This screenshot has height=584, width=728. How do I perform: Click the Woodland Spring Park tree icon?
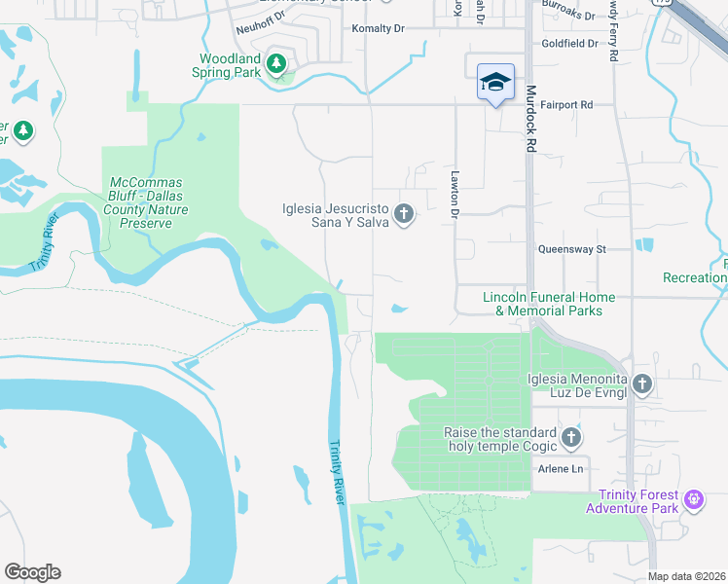tap(277, 64)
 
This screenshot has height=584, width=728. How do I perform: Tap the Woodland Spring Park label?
tap(231, 65)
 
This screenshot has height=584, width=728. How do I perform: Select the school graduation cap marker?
tap(495, 82)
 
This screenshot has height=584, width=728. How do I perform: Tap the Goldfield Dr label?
tap(570, 44)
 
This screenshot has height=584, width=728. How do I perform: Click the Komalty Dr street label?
tap(378, 29)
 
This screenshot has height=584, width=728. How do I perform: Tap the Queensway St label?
tap(572, 249)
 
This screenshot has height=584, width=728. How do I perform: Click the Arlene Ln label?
tap(561, 469)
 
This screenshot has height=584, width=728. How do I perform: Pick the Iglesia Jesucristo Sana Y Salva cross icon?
tap(404, 214)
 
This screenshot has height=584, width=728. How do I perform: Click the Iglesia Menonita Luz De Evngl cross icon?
tap(641, 384)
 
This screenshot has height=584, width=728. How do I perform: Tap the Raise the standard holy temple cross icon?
tap(571, 438)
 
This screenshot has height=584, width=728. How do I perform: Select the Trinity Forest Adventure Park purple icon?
tap(693, 501)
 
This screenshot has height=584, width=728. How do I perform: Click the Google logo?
tap(32, 572)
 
